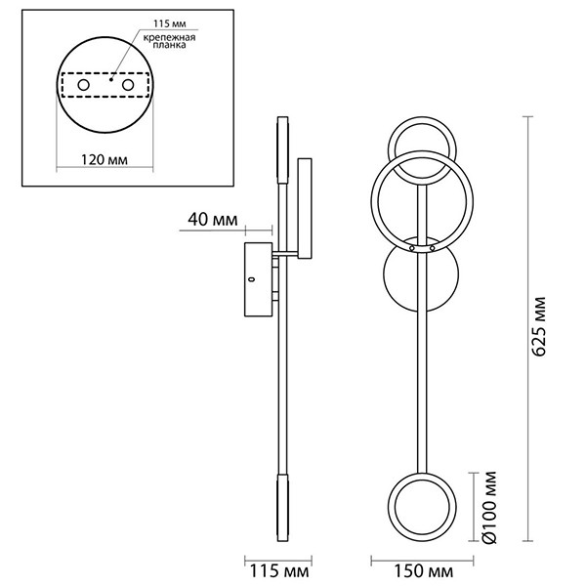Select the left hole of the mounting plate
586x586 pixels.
(85, 86)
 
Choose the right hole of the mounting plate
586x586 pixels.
(127, 86)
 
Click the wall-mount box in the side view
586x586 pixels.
(259, 279)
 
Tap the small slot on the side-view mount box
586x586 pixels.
(251, 280)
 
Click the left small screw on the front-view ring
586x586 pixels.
(412, 249)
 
